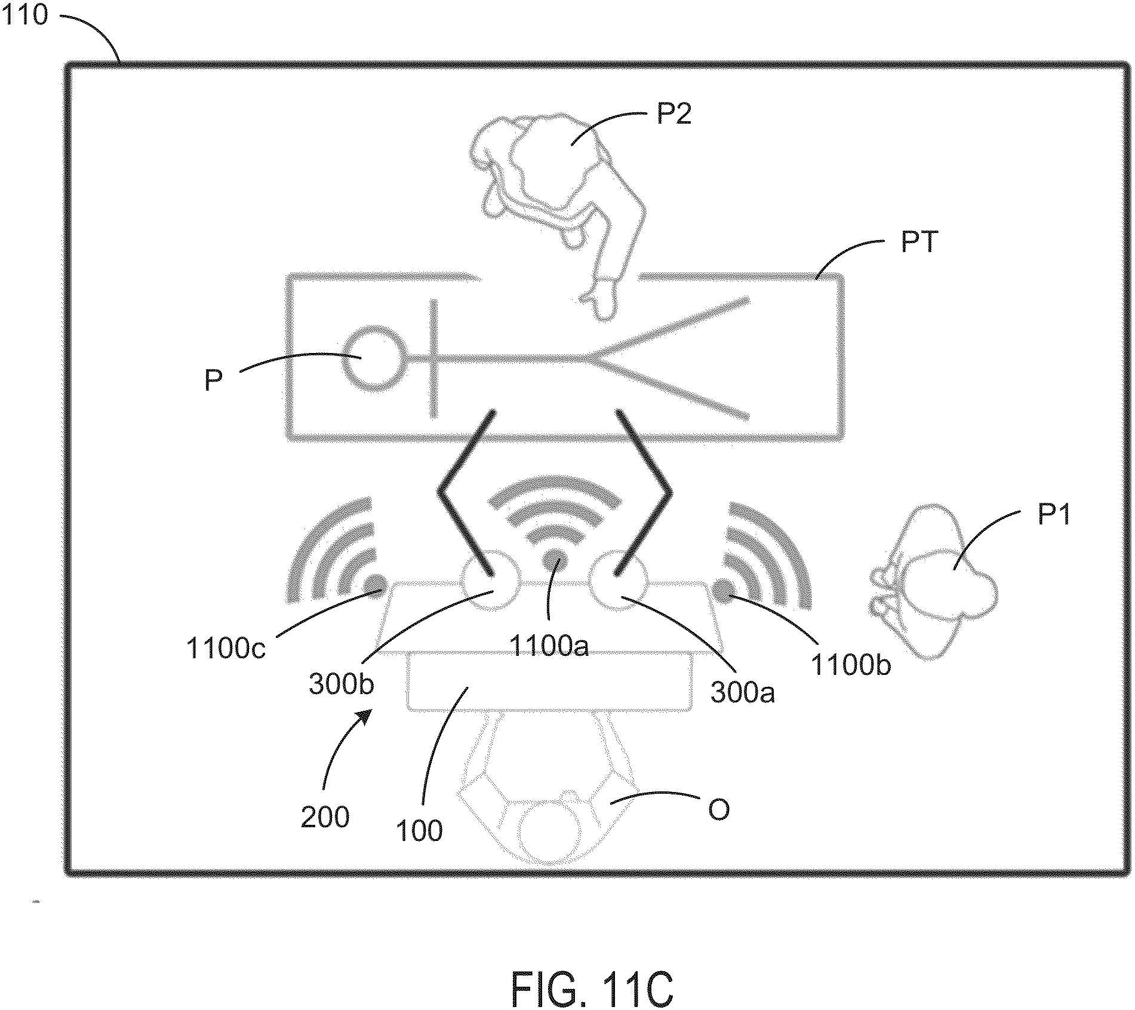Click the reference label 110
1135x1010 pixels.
pos(24,14)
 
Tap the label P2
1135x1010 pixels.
pos(674,113)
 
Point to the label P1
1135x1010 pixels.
pos(1054,514)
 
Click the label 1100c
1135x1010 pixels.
pos(226,648)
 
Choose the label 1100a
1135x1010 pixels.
pos(549,646)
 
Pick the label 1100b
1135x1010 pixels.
pos(851,665)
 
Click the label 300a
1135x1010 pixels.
pos(743,692)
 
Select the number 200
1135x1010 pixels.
pos(325,816)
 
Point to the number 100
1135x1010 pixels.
pos(419,830)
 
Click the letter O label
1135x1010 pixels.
pos(718,811)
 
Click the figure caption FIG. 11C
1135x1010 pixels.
pos(592,989)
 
